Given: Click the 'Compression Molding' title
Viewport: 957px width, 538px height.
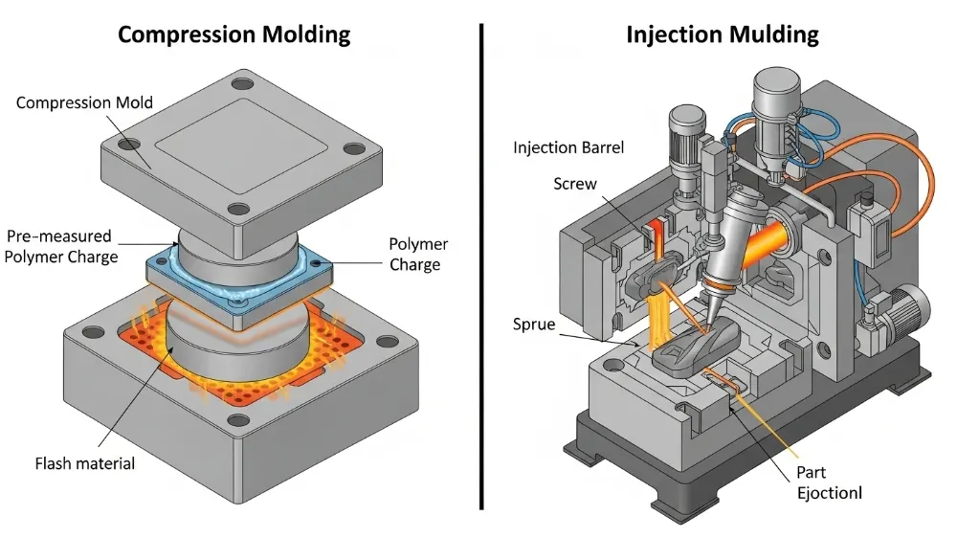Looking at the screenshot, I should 234,35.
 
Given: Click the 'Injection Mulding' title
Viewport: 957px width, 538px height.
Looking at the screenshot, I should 723,35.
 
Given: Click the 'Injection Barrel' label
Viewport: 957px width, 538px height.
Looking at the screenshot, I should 568,148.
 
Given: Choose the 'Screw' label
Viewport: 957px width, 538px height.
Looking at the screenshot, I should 574,184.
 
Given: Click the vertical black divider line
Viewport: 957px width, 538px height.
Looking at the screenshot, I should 480,268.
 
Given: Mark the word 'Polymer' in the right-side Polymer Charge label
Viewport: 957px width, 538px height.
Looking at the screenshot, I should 418,245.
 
